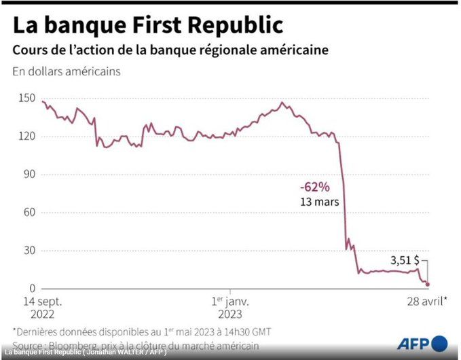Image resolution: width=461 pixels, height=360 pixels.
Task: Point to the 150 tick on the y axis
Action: coord(25,98)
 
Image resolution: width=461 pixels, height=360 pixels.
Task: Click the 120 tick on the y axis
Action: coord(25,137)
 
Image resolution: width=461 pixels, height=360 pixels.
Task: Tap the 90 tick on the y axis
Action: coord(28,175)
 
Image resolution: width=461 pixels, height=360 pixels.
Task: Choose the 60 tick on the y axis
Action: coord(28,213)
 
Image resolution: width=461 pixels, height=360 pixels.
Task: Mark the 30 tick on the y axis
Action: coord(28,251)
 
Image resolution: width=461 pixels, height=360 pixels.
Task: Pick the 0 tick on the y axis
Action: coord(31,289)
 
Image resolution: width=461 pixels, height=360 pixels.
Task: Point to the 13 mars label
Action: coord(319,202)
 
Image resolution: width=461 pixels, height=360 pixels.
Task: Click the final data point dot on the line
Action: coord(428,285)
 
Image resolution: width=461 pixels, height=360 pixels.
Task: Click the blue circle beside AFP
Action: coord(440,343)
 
